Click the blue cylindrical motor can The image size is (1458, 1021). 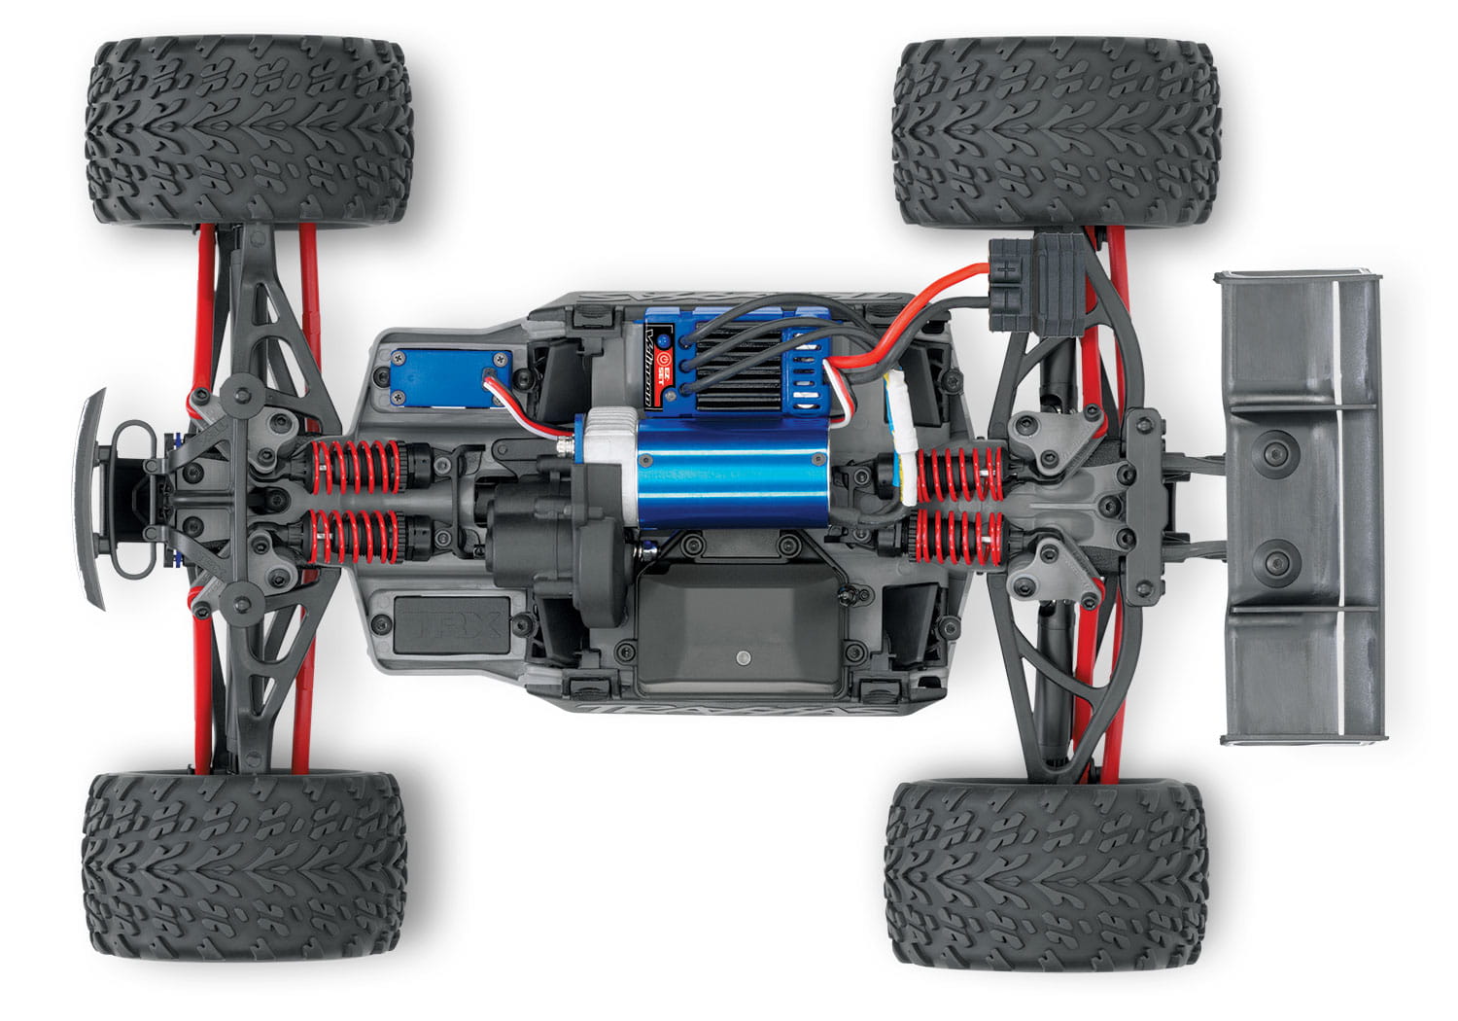point(692,474)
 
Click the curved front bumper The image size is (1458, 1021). point(93,496)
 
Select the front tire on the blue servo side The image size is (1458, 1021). point(251,131)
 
